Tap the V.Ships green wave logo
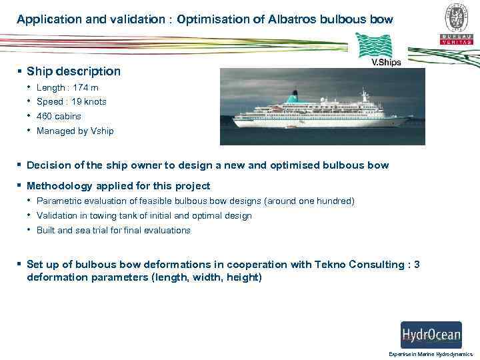tap(376, 48)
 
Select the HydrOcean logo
tap(431, 334)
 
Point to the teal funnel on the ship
tap(292, 99)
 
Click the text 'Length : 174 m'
tap(67, 87)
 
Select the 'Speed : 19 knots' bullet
tap(71, 102)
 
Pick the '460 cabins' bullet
tap(59, 116)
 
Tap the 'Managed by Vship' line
tap(75, 131)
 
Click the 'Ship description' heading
tap(73, 71)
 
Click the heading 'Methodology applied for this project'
tap(118, 186)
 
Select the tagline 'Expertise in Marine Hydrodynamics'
tap(431, 354)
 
